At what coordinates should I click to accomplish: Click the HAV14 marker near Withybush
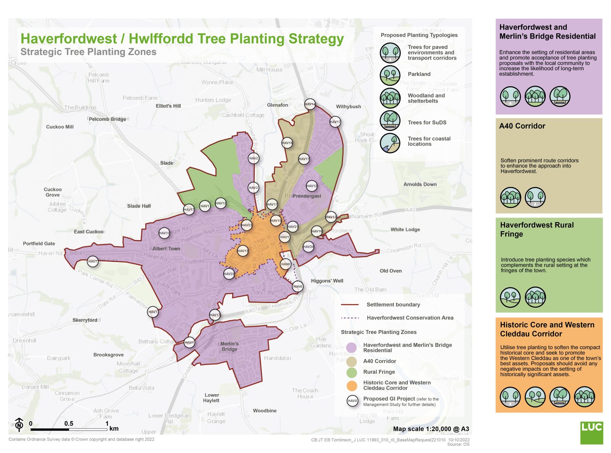[310, 104]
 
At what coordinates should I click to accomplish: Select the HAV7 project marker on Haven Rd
[93, 261]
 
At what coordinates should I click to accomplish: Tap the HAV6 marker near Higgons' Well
[297, 286]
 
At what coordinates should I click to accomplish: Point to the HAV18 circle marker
[287, 143]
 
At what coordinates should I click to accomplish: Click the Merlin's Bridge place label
[229, 346]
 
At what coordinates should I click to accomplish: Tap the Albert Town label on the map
[166, 248]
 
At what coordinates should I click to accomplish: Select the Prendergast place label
[307, 196]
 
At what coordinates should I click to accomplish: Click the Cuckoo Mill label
[60, 127]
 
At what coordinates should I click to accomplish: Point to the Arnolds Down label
[420, 184]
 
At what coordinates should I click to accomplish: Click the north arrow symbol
[19, 424]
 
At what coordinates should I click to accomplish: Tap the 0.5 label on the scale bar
[69, 423]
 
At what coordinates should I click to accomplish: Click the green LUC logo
[591, 432]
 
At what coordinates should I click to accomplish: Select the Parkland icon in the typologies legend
[390, 75]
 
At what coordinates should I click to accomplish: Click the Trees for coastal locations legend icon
[390, 143]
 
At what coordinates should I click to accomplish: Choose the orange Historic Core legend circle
[351, 385]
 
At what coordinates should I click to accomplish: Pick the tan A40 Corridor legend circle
[351, 361]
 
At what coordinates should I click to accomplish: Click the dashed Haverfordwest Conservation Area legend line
[350, 318]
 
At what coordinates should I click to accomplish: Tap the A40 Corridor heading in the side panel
[522, 126]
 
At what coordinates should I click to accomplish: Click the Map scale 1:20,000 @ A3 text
[431, 429]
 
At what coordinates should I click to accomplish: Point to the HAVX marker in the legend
[352, 401]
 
